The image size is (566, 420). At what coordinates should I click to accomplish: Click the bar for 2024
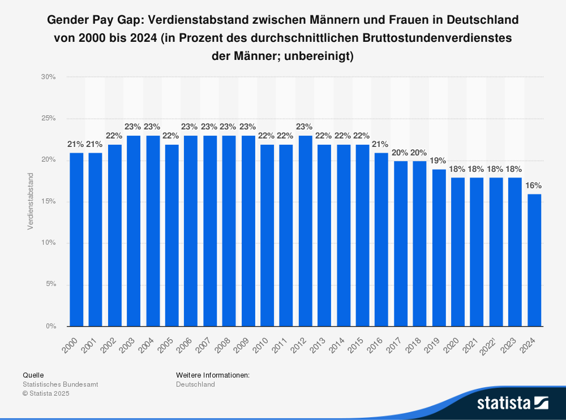coord(534,260)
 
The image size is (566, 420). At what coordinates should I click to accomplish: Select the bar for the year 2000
coord(76,240)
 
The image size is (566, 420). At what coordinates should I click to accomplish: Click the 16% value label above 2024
coord(534,185)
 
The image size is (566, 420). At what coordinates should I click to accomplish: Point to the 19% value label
coord(439,161)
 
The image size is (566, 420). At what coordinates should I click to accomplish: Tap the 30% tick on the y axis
coord(49,77)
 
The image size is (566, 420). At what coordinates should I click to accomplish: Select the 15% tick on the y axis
coord(49,202)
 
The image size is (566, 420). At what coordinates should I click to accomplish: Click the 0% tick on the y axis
coord(50,326)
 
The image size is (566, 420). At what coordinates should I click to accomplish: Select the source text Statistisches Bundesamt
coord(60,384)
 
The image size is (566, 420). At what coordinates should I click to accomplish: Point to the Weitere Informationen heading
coord(213,375)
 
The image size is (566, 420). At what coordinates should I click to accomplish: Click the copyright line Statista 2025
coord(46,393)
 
